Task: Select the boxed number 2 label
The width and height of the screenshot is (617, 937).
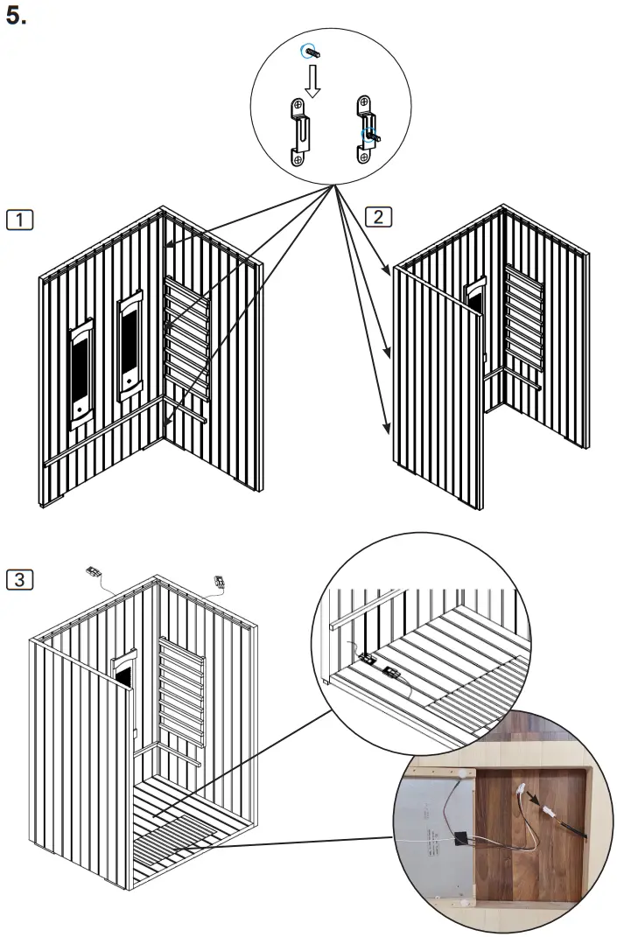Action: (378, 216)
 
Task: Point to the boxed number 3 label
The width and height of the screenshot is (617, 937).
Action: (19, 578)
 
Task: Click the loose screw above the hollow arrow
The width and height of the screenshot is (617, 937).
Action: (311, 52)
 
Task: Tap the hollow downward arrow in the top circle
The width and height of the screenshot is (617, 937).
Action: (311, 80)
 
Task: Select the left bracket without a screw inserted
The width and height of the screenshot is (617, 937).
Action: (300, 132)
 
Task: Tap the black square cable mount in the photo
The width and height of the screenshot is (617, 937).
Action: (459, 834)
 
